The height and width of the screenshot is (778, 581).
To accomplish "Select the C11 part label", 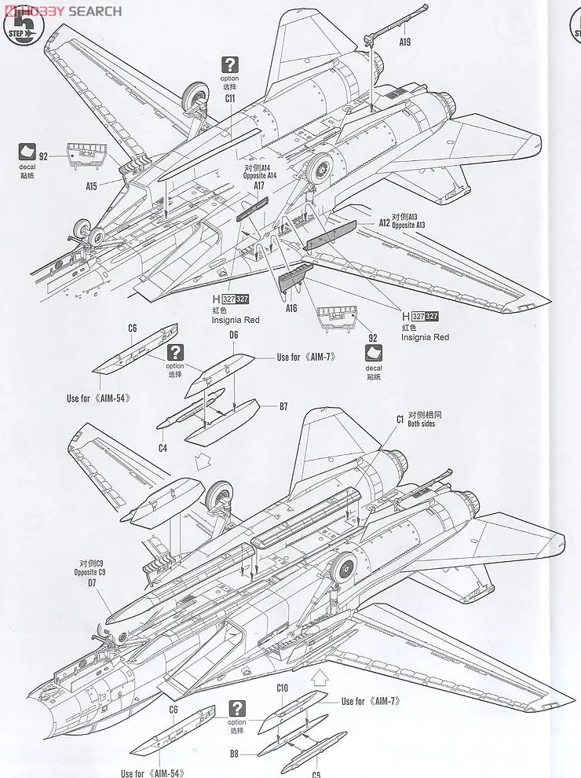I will (x=230, y=99).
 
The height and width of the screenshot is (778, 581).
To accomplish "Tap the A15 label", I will (x=91, y=186).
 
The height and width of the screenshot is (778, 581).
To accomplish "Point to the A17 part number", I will (x=259, y=186).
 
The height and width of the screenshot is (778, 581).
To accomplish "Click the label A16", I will (x=291, y=308).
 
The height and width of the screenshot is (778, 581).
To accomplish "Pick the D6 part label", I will (x=234, y=336).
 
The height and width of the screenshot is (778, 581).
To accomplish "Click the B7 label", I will (x=283, y=406).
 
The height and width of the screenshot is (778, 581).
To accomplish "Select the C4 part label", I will (x=163, y=448).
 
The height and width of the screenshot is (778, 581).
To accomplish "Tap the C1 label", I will (x=400, y=420).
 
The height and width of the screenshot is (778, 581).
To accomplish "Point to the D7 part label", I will (x=92, y=584).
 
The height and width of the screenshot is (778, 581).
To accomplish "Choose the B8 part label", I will (x=234, y=752).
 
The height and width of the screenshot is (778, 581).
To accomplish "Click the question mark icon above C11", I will (x=229, y=65).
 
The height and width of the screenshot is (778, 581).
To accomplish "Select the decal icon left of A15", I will (x=28, y=152).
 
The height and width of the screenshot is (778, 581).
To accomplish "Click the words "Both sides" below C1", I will (x=422, y=424).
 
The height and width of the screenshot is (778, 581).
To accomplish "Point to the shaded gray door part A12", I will (x=330, y=234).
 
